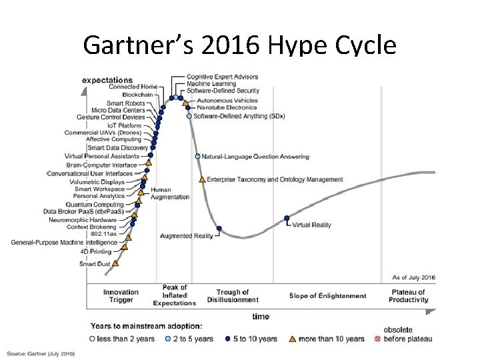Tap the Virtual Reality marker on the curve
coord(287,217)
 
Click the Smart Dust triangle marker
coord(115,263)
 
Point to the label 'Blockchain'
coord(137,95)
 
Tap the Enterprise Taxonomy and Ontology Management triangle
coord(202,179)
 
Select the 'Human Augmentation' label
coord(170,193)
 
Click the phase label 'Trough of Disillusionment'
coord(233,296)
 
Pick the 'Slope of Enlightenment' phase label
coord(329,296)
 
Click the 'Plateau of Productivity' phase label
coord(408,296)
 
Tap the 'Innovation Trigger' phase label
coord(121,296)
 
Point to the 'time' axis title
coord(261,316)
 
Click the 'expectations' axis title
coord(107,80)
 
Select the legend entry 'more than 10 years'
coord(331,339)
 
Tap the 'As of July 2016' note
coord(413,277)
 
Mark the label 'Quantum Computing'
coord(99,204)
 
